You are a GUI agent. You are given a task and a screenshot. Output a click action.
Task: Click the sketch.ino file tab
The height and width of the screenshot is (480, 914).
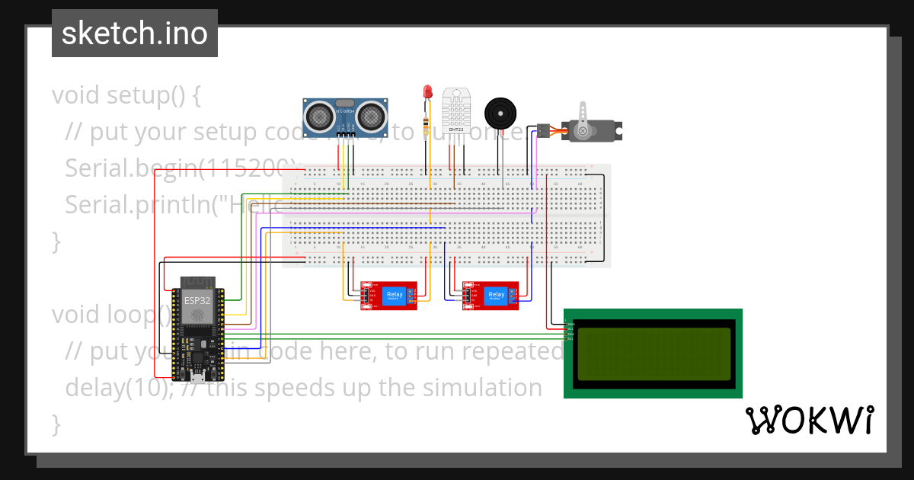tap(134, 34)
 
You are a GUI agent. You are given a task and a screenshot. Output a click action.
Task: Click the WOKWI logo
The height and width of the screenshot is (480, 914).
tap(809, 420)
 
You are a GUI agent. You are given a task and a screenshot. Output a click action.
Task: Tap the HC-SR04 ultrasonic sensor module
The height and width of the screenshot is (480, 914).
tap(346, 118)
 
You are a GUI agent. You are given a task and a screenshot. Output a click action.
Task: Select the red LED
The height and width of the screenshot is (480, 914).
tap(427, 93)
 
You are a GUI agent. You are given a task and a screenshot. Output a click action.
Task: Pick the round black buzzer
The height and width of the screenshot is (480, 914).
tap(500, 114)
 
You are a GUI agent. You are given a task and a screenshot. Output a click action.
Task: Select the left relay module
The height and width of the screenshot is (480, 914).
tap(390, 296)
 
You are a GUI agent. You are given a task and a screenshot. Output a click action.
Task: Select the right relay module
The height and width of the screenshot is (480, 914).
tap(491, 296)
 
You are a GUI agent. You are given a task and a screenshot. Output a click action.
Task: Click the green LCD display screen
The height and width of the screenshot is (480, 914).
tap(654, 354)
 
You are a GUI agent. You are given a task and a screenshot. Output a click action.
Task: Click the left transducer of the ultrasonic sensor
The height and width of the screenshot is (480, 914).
tap(318, 116)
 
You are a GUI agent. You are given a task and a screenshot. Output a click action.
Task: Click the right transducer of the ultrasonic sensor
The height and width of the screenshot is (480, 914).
tap(371, 116)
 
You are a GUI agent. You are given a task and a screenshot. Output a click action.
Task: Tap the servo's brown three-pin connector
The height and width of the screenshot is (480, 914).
tap(543, 130)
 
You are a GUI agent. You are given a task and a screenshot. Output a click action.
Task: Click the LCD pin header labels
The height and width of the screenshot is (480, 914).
tap(570, 331)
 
